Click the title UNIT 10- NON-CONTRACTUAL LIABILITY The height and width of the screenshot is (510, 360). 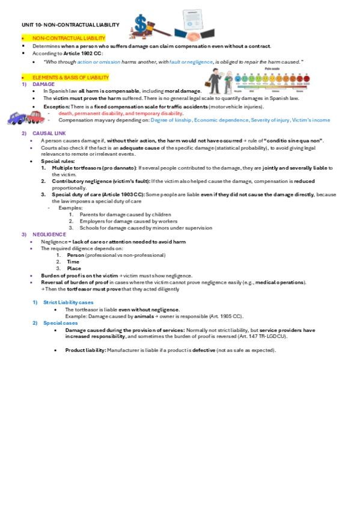click(67, 25)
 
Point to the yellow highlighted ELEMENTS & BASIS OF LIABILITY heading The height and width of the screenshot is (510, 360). click(70, 78)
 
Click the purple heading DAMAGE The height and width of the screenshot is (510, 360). click(43, 84)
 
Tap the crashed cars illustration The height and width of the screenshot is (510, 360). click(25, 117)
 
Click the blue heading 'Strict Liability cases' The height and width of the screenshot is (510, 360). click(68, 302)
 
